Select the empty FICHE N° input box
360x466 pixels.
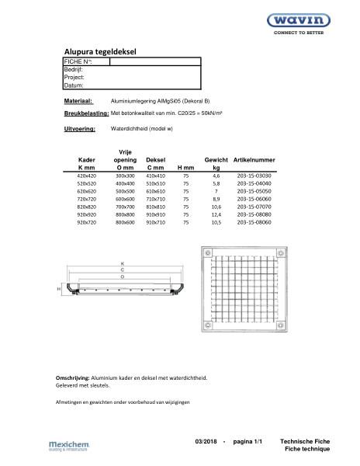[x=155, y=61]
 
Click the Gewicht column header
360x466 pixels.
[x=216, y=158]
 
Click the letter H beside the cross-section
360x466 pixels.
[x=58, y=288]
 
